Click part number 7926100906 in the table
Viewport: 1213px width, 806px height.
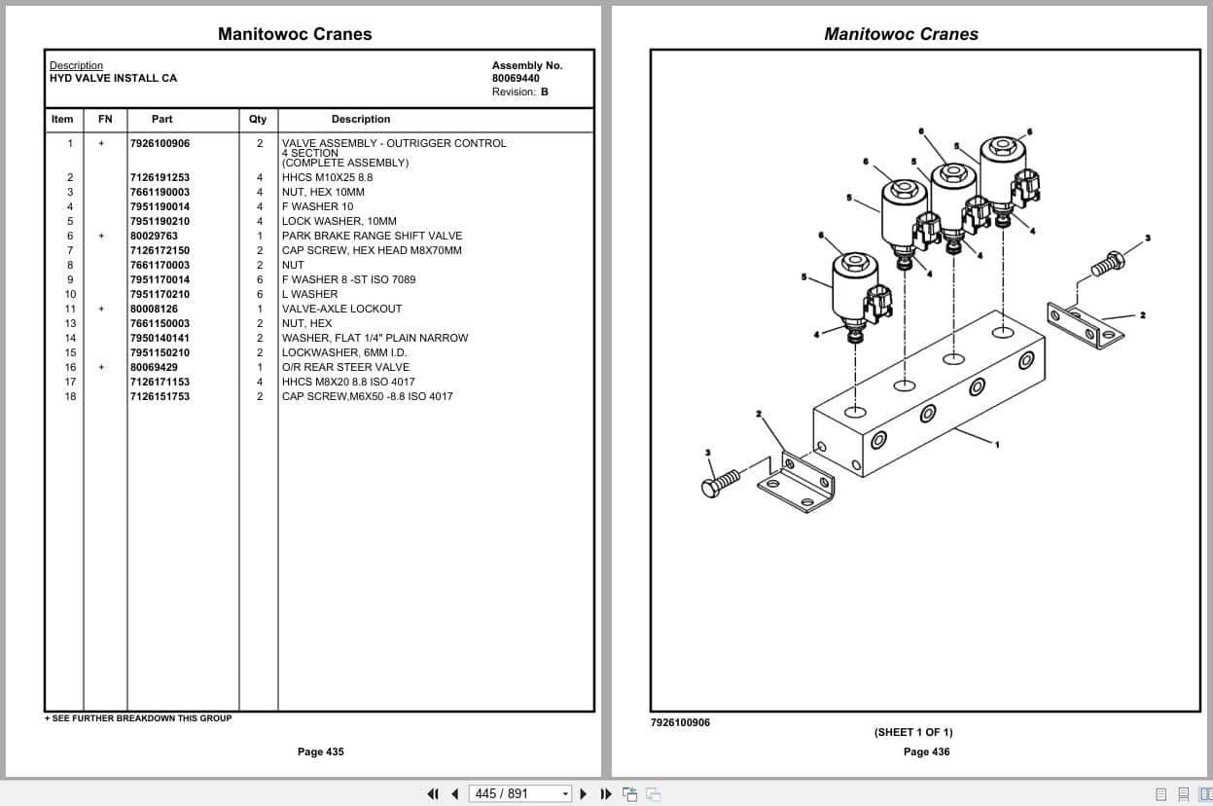160,143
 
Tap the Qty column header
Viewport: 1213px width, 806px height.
258,119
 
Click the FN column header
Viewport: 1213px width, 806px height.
105,119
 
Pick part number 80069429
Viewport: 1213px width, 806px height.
154,367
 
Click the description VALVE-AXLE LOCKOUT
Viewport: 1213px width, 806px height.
341,309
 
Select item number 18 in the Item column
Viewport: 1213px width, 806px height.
70,396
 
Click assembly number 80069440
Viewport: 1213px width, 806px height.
516,78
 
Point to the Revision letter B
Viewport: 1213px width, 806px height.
545,92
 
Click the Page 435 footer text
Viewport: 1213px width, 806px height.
320,751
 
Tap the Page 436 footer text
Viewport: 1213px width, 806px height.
926,751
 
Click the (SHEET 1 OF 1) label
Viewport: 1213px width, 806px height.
913,732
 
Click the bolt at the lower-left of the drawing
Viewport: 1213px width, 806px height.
720,482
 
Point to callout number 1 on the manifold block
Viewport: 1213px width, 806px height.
996,444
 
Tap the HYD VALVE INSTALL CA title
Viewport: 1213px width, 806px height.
114,78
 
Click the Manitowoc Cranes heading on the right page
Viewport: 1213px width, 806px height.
901,34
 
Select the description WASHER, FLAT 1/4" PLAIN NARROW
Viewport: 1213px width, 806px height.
375,338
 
